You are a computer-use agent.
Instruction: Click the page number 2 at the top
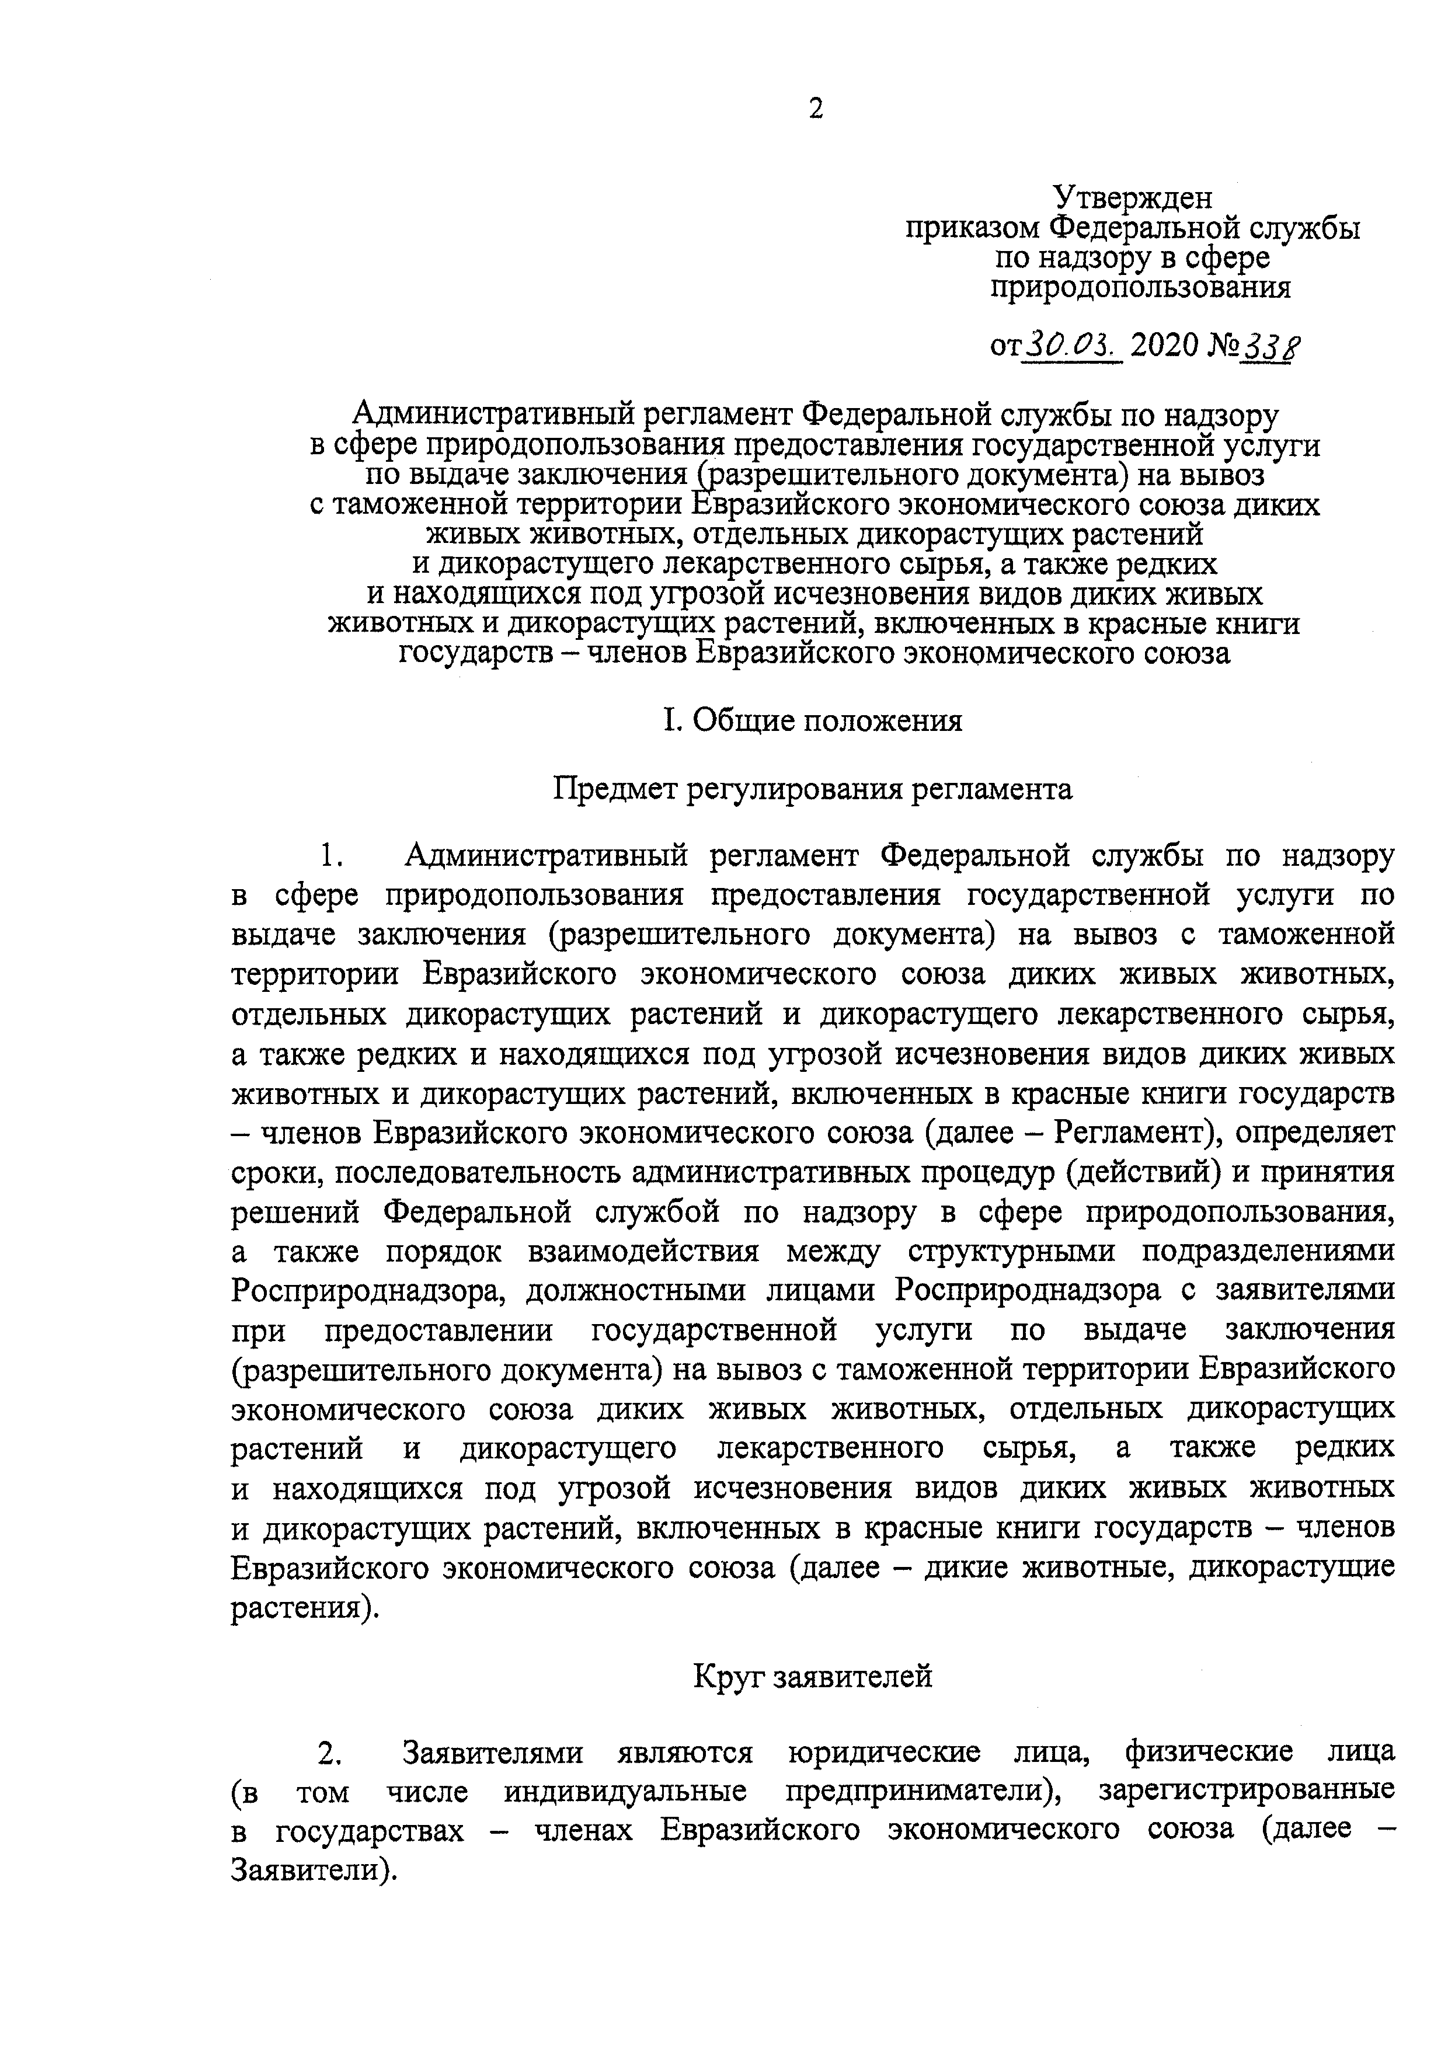816,109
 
